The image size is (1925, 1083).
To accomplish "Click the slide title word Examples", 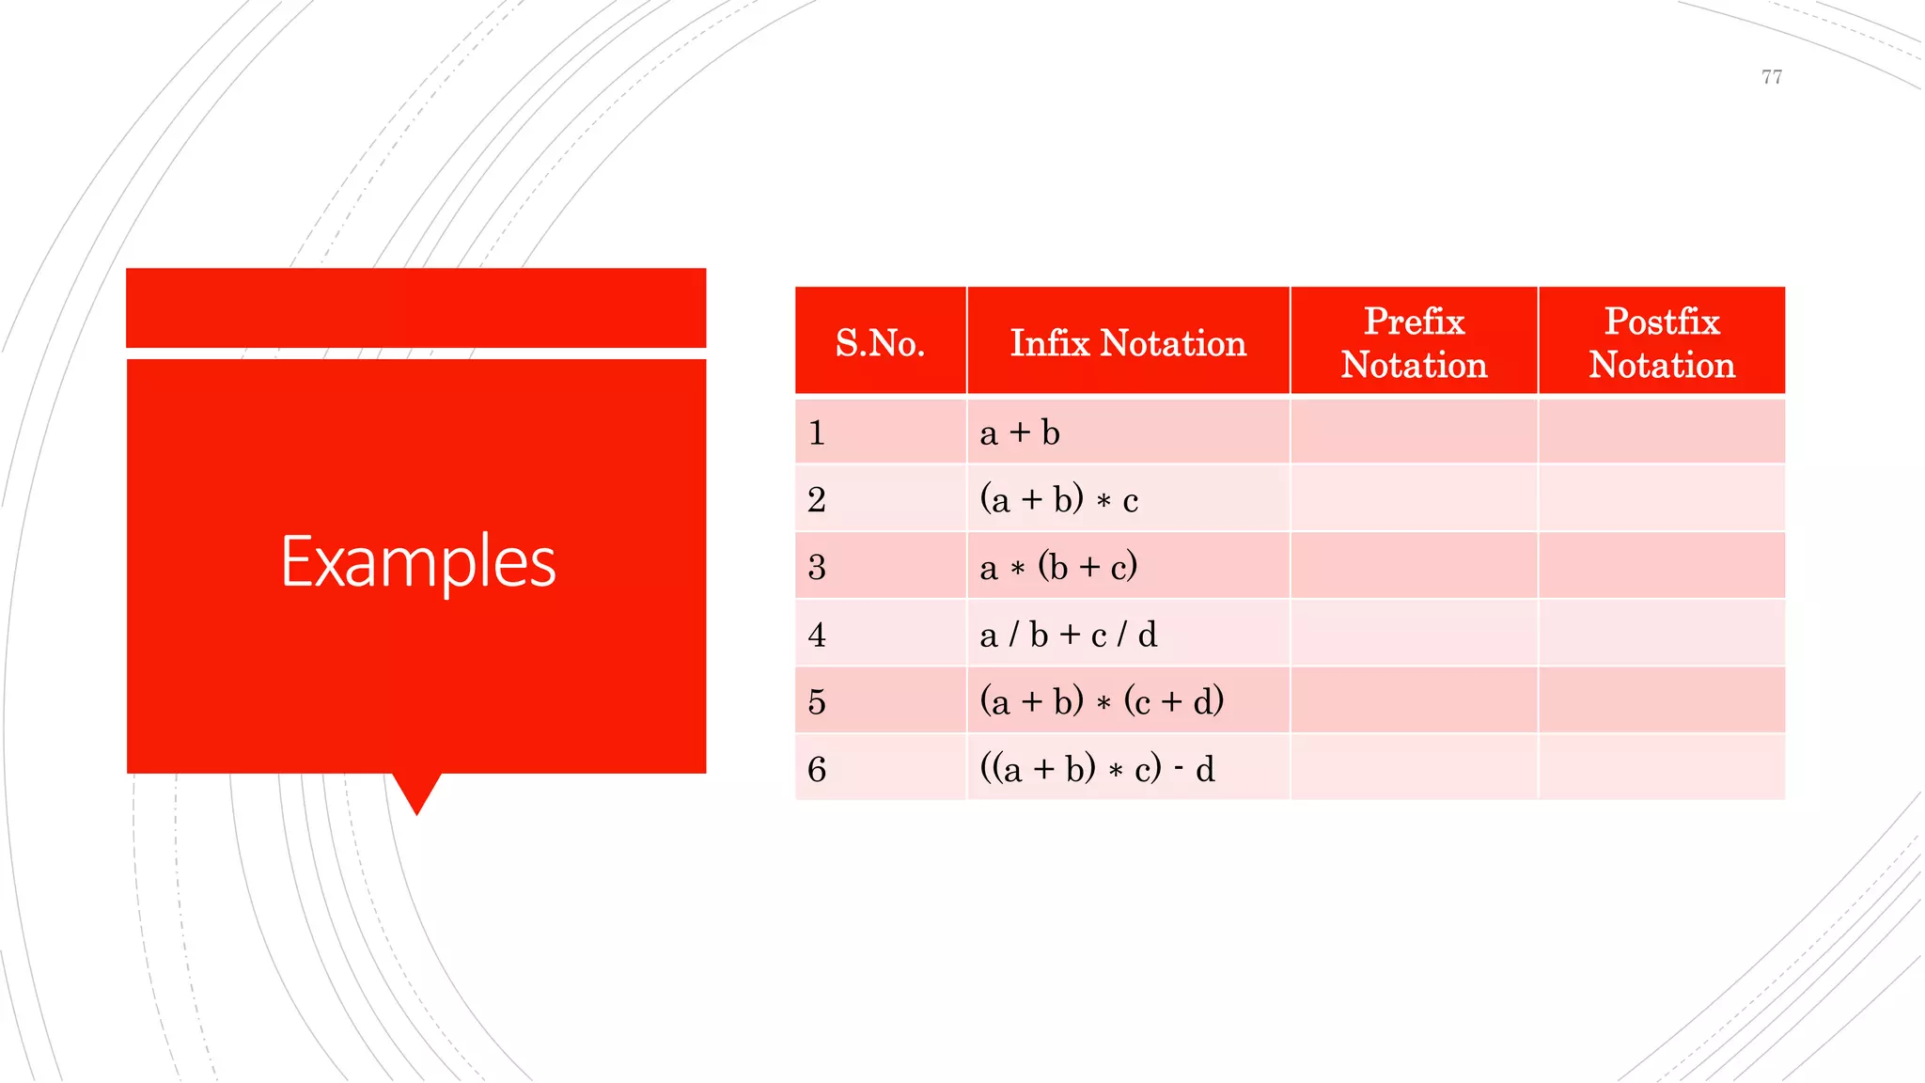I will [418, 561].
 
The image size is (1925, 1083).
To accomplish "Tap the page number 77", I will [1771, 77].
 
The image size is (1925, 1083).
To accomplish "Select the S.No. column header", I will [880, 342].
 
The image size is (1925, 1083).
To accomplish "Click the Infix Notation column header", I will [1128, 342].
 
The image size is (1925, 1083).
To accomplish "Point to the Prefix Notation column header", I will [1414, 342].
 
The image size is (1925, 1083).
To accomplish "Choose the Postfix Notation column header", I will [1661, 342].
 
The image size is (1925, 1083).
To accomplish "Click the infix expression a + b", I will [1020, 432].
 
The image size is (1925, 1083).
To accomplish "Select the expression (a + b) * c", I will [1058, 499].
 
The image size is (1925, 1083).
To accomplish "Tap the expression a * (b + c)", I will [1058, 567].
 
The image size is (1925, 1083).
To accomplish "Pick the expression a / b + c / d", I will [1068, 635].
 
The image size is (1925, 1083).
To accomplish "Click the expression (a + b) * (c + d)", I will [1102, 701].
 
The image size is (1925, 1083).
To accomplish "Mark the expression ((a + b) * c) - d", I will [1097, 769].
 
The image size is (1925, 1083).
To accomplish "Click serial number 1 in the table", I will [817, 432].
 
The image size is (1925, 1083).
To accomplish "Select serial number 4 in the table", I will [817, 635].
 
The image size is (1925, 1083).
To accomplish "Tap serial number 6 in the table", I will [817, 769].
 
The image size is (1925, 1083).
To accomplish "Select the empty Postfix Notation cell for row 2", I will [1661, 499].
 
